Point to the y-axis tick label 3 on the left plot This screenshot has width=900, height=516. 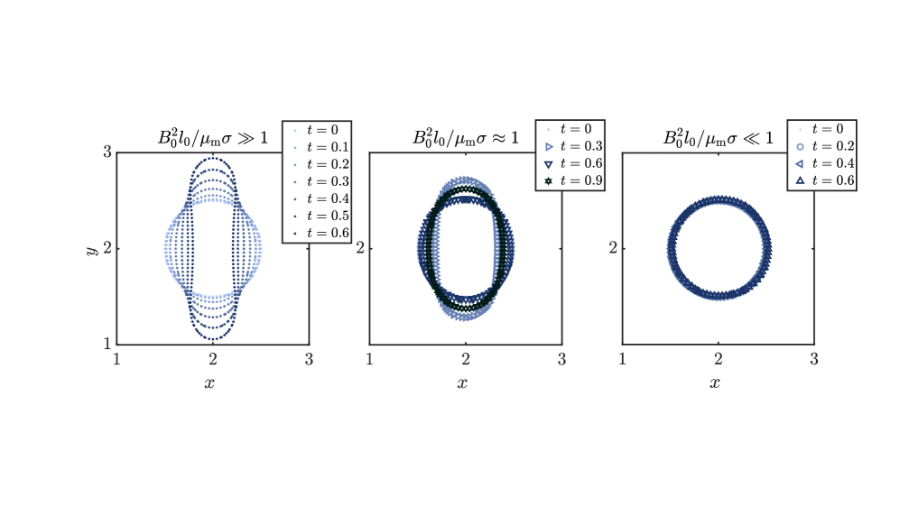(107, 152)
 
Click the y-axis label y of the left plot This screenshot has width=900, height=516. (90, 250)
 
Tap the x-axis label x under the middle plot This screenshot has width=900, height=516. (462, 383)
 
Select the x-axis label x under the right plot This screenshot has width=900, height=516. (715, 383)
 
